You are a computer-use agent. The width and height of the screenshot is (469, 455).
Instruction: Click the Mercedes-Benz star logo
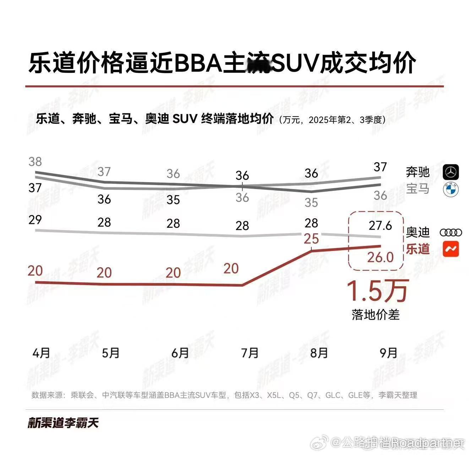pyautogui.click(x=451, y=172)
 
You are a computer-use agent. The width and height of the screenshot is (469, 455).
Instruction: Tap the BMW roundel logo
pyautogui.click(x=451, y=189)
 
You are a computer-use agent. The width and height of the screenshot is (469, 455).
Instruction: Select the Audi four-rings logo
pyautogui.click(x=451, y=233)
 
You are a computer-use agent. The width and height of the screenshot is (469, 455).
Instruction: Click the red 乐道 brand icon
pyautogui.click(x=451, y=249)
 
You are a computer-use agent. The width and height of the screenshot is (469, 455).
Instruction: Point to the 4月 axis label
pyautogui.click(x=41, y=353)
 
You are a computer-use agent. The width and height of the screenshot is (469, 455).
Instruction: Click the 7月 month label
pyautogui.click(x=250, y=353)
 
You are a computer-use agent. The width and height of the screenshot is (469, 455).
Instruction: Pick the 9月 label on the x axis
pyautogui.click(x=388, y=353)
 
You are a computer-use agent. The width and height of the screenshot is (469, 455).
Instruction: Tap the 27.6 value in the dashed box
pyautogui.click(x=380, y=225)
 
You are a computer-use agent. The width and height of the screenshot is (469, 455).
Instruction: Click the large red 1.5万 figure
pyautogui.click(x=377, y=291)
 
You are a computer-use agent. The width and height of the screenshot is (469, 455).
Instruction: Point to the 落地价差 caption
pyautogui.click(x=376, y=315)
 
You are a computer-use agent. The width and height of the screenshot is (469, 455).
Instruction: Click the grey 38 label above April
pyautogui.click(x=35, y=162)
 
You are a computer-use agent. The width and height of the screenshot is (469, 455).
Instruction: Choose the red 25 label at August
pyautogui.click(x=311, y=239)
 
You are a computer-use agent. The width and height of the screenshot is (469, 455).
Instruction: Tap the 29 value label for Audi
pyautogui.click(x=35, y=220)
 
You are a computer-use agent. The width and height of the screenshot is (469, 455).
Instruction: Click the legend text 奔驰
pyautogui.click(x=418, y=172)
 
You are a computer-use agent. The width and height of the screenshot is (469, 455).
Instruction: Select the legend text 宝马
pyautogui.click(x=418, y=189)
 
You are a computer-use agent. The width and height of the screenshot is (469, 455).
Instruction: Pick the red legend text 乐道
pyautogui.click(x=418, y=249)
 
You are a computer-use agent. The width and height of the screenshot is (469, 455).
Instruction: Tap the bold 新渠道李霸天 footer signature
pyautogui.click(x=63, y=423)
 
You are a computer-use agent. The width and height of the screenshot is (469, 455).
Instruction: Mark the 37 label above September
pyautogui.click(x=380, y=167)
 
